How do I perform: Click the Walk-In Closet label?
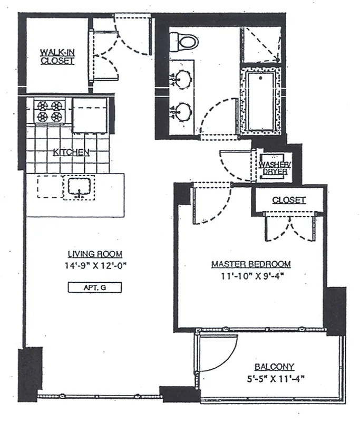coord(57,56)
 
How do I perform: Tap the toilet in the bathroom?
coord(184,42)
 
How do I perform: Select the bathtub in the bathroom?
coord(261,101)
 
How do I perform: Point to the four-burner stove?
coord(50,111)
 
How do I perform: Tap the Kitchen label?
coord(71,152)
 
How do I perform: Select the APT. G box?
coord(95,287)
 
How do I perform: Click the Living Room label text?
coord(95,254)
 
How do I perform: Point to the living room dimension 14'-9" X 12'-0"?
coord(95,266)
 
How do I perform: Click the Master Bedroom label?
coord(251,264)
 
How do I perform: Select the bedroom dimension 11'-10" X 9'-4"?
coord(252,276)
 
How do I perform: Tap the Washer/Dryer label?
coord(274,168)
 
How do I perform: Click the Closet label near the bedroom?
coord(289,200)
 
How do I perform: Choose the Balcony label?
coord(275,367)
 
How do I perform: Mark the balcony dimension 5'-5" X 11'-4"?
coord(276,379)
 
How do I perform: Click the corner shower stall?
coord(260,44)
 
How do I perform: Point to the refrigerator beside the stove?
coord(91,115)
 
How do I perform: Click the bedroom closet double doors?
coord(289,226)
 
